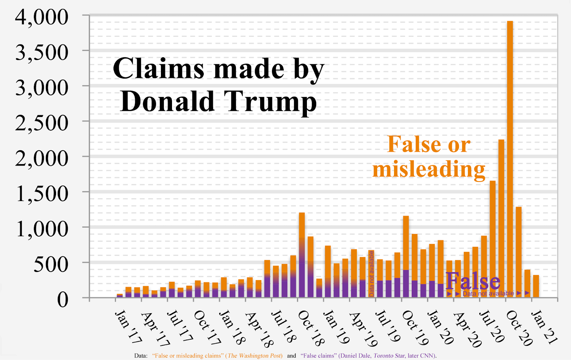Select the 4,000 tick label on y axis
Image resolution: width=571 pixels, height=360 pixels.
click(x=42, y=17)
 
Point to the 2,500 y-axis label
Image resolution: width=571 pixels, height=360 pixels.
click(x=42, y=123)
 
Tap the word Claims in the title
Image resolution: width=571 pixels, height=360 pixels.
click(x=158, y=69)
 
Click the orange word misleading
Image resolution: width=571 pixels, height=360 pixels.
click(x=429, y=169)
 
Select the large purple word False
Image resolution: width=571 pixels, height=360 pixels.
click(x=473, y=282)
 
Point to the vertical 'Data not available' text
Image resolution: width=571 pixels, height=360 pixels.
click(x=372, y=273)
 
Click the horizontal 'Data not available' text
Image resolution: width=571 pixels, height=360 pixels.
click(x=488, y=294)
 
